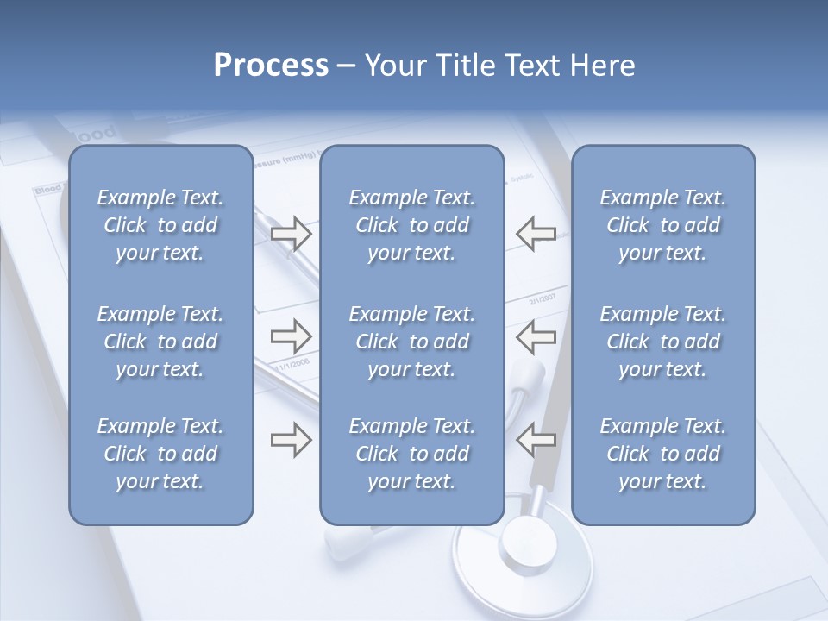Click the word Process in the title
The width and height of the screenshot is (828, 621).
tap(271, 66)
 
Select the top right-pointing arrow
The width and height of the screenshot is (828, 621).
tap(291, 233)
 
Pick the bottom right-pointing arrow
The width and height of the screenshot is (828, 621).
tap(291, 440)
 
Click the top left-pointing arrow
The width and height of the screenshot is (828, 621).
tap(536, 233)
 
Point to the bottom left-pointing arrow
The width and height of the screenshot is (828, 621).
tap(536, 440)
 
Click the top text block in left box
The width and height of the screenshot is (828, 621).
tap(160, 225)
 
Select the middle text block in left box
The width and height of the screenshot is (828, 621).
tap(160, 342)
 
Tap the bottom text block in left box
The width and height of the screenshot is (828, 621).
tap(160, 454)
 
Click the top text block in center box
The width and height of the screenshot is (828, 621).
tap(411, 225)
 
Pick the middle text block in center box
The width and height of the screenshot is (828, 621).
tap(411, 342)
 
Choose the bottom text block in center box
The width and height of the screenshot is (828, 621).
tap(411, 454)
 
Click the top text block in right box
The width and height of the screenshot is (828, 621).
tap(662, 225)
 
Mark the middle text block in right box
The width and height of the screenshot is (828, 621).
tap(662, 342)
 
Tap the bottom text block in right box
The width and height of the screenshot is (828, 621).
tap(662, 454)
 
